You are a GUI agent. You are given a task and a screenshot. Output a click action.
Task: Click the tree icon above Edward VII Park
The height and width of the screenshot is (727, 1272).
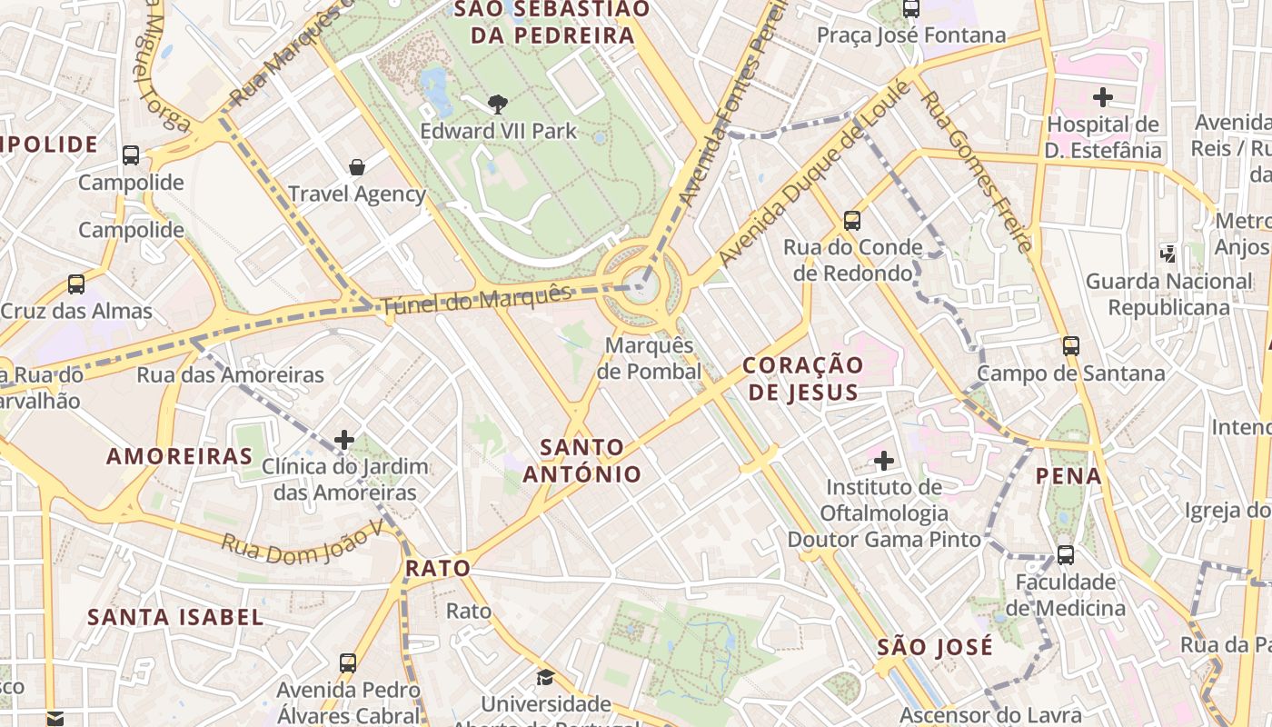pyautogui.click(x=497, y=104)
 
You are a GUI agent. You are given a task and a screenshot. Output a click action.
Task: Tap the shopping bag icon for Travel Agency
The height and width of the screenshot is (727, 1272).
pyautogui.click(x=357, y=167)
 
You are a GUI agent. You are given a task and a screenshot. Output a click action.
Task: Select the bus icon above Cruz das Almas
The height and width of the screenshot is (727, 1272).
pyautogui.click(x=76, y=284)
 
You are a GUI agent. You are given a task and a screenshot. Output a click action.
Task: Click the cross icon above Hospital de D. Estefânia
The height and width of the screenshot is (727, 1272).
pyautogui.click(x=1103, y=97)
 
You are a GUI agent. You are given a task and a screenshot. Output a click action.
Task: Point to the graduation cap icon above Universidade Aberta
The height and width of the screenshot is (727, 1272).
pyautogui.click(x=545, y=677)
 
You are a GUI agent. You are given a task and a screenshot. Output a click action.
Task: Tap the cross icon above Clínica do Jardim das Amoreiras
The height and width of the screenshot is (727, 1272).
pyautogui.click(x=344, y=440)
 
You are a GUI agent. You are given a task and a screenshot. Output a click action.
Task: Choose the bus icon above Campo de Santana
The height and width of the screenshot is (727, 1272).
pyautogui.click(x=1071, y=345)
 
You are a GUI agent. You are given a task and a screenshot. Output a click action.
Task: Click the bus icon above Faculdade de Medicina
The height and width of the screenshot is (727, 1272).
pyautogui.click(x=1066, y=554)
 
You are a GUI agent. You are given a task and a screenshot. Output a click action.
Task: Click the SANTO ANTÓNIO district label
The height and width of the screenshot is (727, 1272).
pyautogui.click(x=581, y=460)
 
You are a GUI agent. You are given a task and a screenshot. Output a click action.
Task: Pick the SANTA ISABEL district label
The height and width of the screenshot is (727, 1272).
pyautogui.click(x=175, y=617)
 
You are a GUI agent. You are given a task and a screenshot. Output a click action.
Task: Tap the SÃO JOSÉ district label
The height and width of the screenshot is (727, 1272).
pyautogui.click(x=935, y=648)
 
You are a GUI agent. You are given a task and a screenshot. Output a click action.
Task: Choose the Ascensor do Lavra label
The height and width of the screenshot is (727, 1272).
pyautogui.click(x=990, y=715)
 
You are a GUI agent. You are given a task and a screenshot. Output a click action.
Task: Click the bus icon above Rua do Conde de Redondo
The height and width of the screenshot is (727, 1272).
pyautogui.click(x=852, y=220)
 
